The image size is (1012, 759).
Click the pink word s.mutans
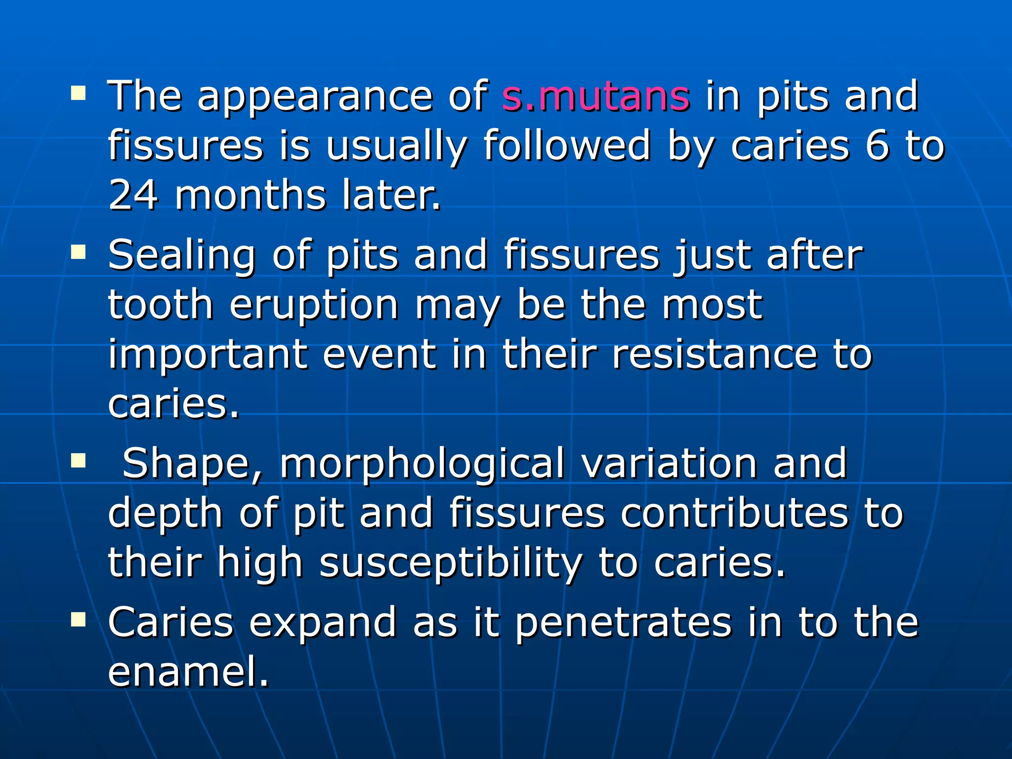[x=595, y=96]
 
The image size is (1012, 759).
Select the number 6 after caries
[x=877, y=145]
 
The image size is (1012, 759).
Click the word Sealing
[x=182, y=256]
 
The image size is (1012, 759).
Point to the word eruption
[x=314, y=305]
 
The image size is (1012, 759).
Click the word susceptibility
[x=451, y=563]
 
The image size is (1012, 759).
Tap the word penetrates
[x=623, y=623]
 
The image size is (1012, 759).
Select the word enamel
[x=188, y=672]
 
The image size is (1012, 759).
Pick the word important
[x=208, y=355]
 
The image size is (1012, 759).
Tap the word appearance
[x=315, y=97]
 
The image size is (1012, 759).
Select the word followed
[x=567, y=145]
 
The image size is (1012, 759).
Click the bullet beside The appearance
[x=78, y=92]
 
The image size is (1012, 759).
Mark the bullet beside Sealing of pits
[x=78, y=253]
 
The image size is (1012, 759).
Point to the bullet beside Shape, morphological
[x=78, y=461]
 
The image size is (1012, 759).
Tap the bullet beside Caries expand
[x=78, y=619]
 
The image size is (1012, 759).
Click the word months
[x=251, y=195]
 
